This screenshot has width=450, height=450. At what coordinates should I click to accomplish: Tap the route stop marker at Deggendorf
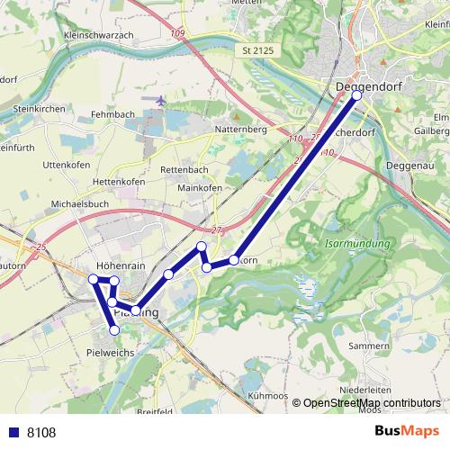356,94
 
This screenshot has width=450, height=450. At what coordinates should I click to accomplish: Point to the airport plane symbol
160,100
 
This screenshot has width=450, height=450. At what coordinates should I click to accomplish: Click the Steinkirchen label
39,108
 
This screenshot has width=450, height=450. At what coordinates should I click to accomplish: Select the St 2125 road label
258,52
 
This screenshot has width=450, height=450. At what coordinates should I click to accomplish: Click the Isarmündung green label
357,244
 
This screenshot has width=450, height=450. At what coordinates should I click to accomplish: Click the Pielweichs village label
110,353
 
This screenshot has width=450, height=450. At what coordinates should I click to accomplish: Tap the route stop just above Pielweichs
114,330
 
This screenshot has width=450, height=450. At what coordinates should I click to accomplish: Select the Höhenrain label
120,266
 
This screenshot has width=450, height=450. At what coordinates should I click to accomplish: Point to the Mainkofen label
200,188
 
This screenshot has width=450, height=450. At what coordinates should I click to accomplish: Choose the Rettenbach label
184,170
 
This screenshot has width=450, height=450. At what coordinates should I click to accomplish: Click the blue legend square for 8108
12,433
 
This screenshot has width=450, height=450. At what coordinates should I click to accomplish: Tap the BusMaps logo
407,432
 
